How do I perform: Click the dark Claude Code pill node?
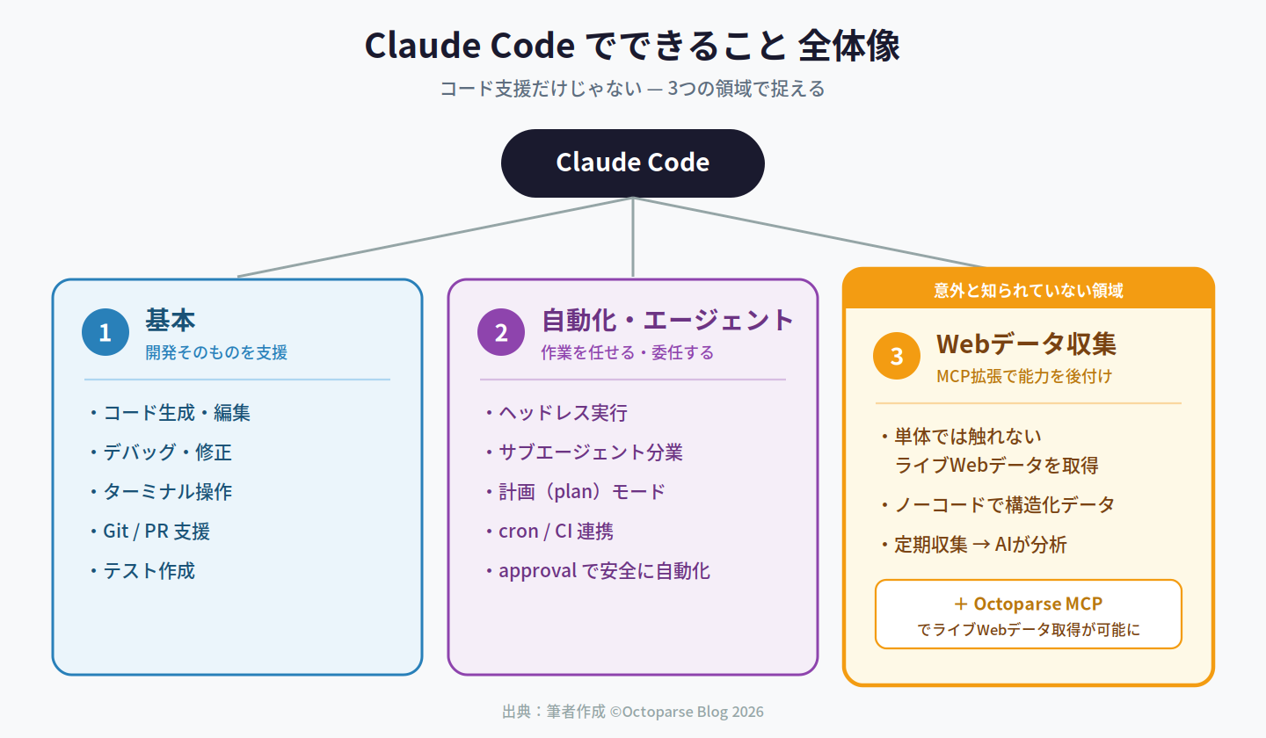632,163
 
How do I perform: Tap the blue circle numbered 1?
105,332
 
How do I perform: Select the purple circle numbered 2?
501,332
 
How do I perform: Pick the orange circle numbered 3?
897,356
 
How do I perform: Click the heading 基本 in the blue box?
171,320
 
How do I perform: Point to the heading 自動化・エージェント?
667,320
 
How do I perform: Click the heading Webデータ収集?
1026,344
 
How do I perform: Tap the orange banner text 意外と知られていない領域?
1028,291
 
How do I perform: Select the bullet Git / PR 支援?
149,532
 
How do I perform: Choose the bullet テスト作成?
142,571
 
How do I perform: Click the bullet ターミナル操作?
161,492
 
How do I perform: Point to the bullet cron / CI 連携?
549,532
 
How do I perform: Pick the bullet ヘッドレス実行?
557,413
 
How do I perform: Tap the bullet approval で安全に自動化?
598,571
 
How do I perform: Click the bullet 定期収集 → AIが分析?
974,545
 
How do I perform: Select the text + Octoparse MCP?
1028,604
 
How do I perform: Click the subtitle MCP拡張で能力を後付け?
1024,376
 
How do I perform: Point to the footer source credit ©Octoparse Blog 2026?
687,712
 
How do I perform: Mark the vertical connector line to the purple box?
633,237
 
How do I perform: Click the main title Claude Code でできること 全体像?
632,45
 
